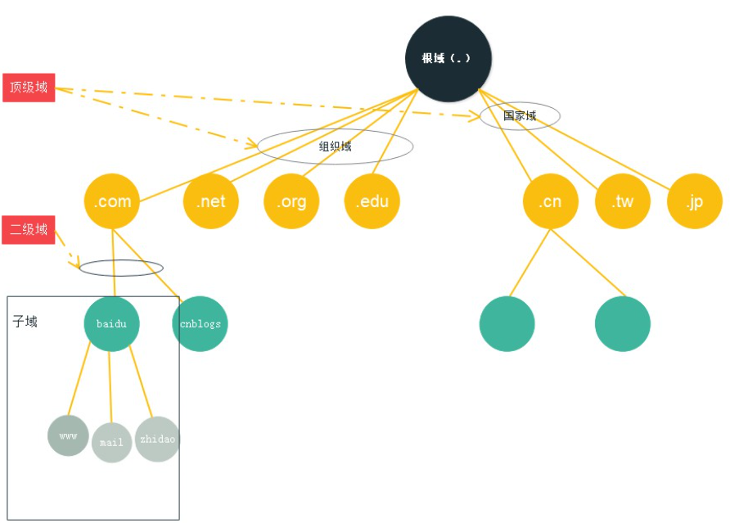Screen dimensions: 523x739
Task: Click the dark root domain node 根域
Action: [x=448, y=59]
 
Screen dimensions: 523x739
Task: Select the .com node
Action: [x=112, y=201]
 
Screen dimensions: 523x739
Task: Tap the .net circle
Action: [x=211, y=201]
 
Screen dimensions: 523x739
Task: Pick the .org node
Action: [x=291, y=201]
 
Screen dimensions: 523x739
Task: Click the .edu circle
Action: [x=372, y=201]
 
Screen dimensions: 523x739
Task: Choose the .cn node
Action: [x=550, y=201]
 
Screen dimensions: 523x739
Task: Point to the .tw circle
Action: [x=622, y=201]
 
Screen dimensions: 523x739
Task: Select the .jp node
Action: [x=695, y=201]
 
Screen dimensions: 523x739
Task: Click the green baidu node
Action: [x=112, y=324]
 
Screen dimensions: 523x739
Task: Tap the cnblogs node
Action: [x=200, y=324]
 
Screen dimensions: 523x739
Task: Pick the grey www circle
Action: [x=68, y=435]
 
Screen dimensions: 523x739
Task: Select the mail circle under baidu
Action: [x=111, y=442]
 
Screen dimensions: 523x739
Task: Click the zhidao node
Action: [x=157, y=439]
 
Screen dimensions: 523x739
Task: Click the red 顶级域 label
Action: [x=29, y=87]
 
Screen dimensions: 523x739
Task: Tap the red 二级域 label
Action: [x=29, y=230]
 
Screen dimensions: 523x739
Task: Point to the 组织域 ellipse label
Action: [x=335, y=147]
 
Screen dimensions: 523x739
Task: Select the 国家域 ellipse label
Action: [x=520, y=116]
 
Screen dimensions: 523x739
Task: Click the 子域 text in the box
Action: [x=25, y=322]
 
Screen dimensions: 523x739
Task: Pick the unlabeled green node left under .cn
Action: [x=507, y=324]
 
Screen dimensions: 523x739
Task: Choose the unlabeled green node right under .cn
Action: [x=623, y=324]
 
